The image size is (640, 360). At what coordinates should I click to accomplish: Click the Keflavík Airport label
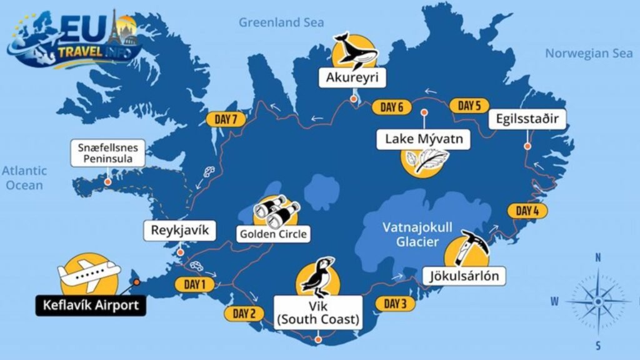[91, 306]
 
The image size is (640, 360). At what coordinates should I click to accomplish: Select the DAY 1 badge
[194, 285]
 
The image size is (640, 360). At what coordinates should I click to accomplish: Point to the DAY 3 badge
[395, 304]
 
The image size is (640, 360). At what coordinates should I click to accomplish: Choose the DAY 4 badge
[527, 211]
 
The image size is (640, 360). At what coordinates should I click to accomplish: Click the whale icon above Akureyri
[354, 51]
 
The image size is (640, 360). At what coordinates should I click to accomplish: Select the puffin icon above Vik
[319, 278]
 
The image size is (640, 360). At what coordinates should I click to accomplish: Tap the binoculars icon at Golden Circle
[275, 211]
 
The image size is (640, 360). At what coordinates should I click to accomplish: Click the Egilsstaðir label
[532, 119]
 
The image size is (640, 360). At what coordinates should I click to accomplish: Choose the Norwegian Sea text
[589, 53]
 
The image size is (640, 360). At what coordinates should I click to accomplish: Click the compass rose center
[598, 301]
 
